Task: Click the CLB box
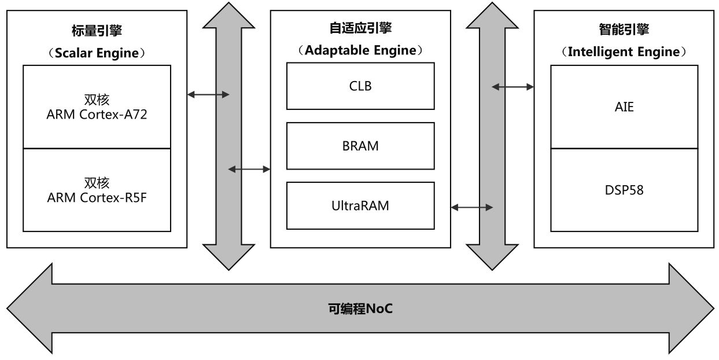(360, 86)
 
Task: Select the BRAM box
(360, 146)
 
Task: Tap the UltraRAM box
(360, 205)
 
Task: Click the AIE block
(624, 107)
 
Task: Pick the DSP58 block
(624, 190)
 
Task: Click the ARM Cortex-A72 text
(97, 115)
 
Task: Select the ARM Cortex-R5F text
(97, 198)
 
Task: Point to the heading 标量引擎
(97, 30)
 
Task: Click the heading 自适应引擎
(360, 28)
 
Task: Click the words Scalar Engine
(97, 53)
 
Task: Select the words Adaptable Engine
(360, 50)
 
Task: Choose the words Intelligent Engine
(624, 52)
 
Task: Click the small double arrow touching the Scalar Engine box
(209, 94)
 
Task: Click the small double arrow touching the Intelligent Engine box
(512, 87)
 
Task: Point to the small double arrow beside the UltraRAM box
(471, 207)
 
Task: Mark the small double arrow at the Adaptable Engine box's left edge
(249, 169)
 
